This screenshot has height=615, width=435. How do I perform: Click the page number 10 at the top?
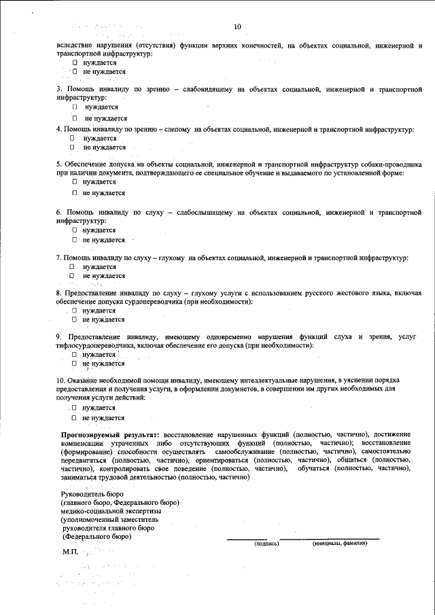(237, 27)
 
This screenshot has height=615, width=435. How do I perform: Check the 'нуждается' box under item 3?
(75, 107)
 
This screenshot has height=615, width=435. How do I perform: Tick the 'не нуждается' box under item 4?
(71, 147)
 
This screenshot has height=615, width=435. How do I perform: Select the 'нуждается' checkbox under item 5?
(75, 182)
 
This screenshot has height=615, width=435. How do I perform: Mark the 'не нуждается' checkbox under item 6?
(75, 240)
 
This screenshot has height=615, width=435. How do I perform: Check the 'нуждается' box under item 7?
(71, 267)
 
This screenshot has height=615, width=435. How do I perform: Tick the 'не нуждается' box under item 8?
(75, 319)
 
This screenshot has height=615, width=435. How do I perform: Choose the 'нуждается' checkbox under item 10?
(75, 408)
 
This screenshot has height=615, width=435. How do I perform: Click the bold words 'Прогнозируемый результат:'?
(110, 433)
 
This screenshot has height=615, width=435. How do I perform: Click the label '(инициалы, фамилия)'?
(340, 544)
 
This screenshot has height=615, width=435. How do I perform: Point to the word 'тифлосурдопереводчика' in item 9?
(95, 346)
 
